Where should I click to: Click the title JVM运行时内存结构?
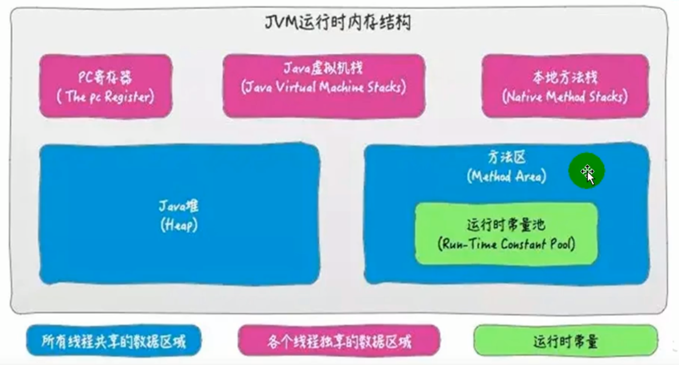click(x=338, y=23)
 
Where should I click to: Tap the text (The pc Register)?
click(x=105, y=96)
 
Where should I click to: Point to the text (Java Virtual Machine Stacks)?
click(x=324, y=87)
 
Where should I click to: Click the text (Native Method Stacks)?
click(x=565, y=96)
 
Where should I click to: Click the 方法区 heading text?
click(x=506, y=158)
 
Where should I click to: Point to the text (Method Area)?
click(x=506, y=176)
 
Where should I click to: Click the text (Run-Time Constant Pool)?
click(x=506, y=244)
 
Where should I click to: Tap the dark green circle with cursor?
click(x=586, y=172)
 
